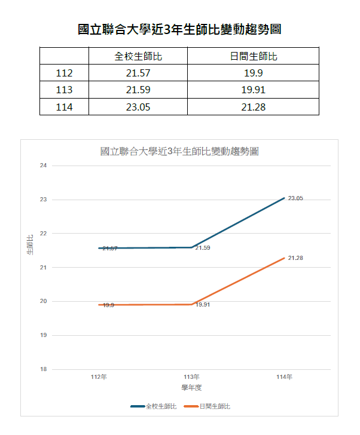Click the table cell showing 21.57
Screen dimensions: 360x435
[x=138, y=73]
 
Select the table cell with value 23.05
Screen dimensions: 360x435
[x=138, y=107]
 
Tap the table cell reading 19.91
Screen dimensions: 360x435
[x=253, y=90]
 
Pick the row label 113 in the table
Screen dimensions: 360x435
[x=64, y=90]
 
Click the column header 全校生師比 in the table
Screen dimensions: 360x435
[x=138, y=56]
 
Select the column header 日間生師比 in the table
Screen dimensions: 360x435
[x=254, y=56]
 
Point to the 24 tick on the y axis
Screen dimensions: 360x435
[x=43, y=166]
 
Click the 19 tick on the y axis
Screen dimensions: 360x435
[x=43, y=335]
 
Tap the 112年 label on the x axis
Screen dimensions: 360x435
[x=99, y=376]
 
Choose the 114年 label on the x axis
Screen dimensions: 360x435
[x=284, y=376]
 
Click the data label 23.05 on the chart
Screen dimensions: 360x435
[x=295, y=198]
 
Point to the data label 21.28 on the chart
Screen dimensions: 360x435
[x=295, y=258]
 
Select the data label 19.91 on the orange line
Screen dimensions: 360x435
[x=203, y=305]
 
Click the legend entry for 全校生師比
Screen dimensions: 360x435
[x=154, y=406]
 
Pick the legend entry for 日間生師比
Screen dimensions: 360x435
[x=207, y=406]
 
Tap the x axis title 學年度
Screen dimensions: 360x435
[x=191, y=388]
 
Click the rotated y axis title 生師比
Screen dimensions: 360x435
[x=30, y=245]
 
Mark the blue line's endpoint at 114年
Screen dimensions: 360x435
[x=284, y=198]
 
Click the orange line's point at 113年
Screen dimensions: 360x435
[x=191, y=304]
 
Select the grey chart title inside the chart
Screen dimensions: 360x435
[x=179, y=152]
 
